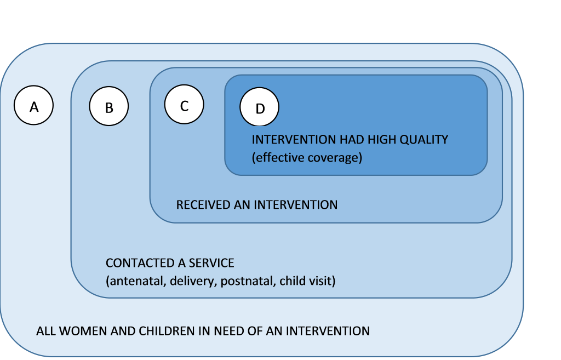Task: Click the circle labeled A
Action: [33, 105]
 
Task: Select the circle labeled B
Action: [109, 106]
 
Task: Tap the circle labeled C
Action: [184, 105]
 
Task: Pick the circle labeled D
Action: [259, 107]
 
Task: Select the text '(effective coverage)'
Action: [307, 157]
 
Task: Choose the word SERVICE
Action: [211, 263]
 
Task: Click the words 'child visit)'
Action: [307, 281]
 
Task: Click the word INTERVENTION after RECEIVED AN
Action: [295, 205]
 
